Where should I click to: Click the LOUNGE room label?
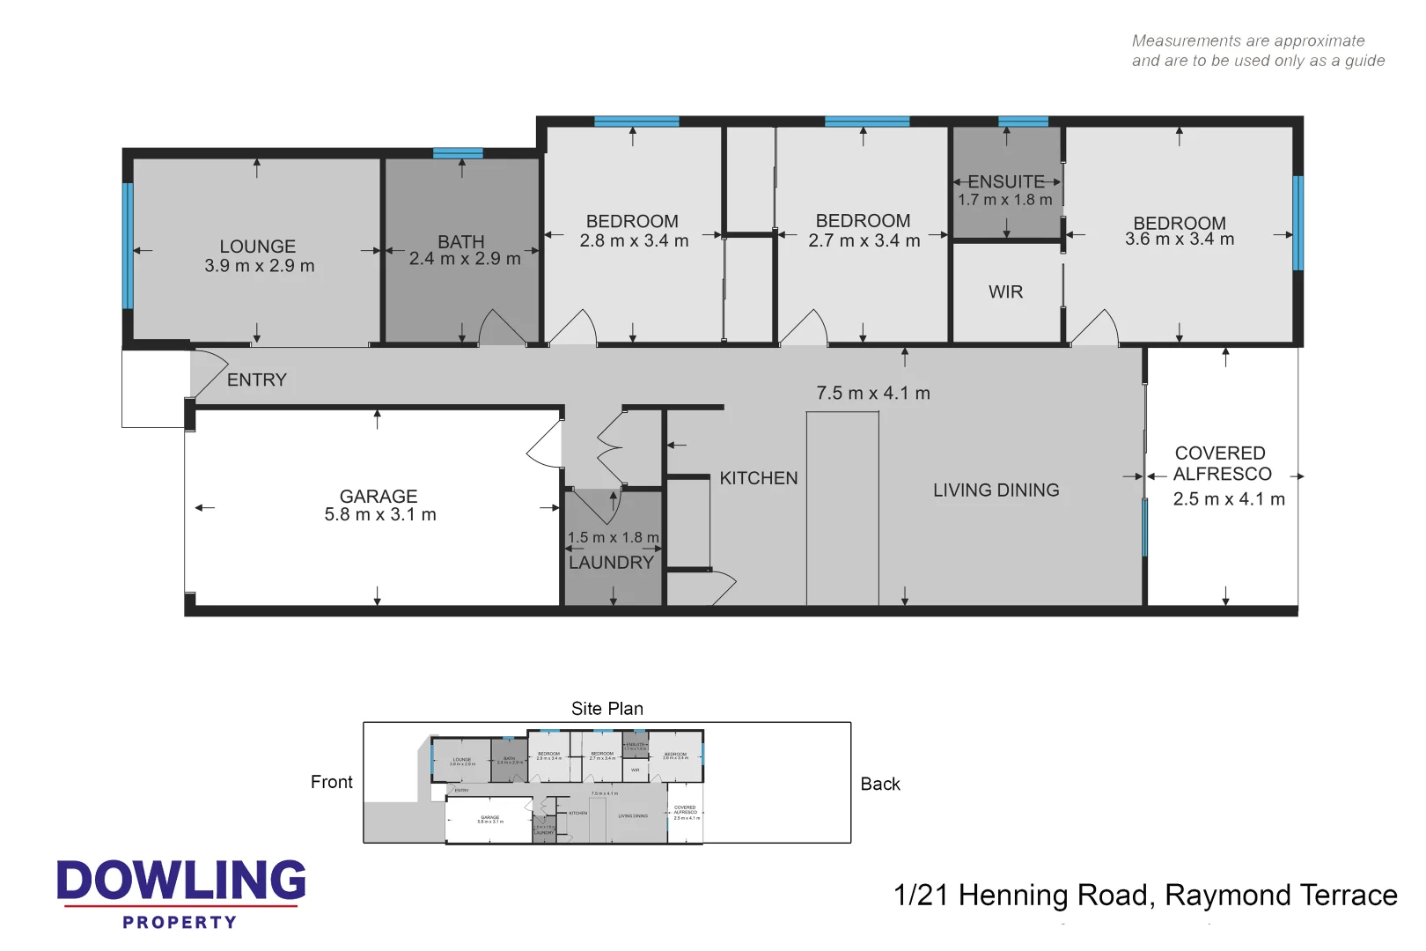point(257,247)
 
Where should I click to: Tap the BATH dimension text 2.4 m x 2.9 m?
point(464,259)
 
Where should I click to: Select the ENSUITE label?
point(1006,181)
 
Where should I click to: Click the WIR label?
point(1005,292)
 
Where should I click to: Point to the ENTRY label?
point(256,380)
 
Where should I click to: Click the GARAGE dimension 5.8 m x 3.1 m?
point(379,515)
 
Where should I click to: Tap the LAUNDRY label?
point(611,563)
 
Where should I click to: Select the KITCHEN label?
point(758,478)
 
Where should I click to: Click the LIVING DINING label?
point(996,490)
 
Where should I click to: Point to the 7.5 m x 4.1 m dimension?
point(872,394)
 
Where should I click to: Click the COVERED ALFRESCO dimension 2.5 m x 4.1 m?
point(1228,499)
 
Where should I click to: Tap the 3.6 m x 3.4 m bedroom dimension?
point(1179,240)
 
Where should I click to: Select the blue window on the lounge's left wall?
point(128,246)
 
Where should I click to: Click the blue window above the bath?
point(458,153)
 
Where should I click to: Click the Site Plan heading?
point(606,709)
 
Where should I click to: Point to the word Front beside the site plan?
point(331,782)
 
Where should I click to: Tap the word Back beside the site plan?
point(879,784)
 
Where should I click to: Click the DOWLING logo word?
point(181,881)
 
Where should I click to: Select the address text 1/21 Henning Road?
point(1021,896)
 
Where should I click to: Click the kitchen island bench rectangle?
point(842,508)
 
